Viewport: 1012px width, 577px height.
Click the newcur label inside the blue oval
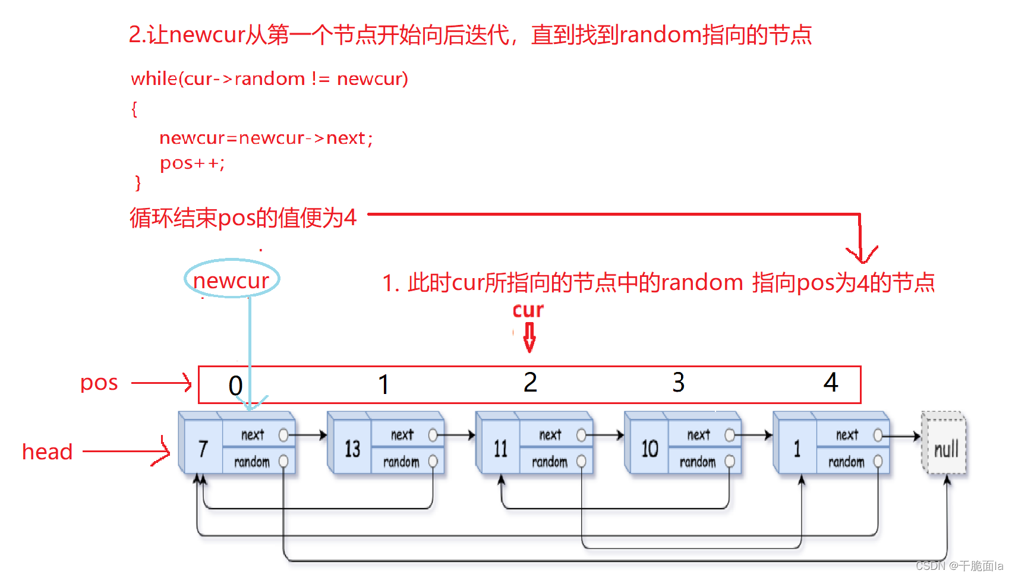[x=231, y=280]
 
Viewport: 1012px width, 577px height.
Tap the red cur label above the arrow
[x=528, y=310]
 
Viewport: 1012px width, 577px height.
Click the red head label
[x=47, y=452]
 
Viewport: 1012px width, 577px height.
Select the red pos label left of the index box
[x=99, y=382]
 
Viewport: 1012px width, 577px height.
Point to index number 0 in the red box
[x=235, y=386]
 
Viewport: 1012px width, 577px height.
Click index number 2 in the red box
[x=530, y=382]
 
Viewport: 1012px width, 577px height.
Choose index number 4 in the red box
[x=830, y=382]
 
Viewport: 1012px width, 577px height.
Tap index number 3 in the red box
[x=678, y=382]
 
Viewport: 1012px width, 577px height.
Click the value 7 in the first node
[x=203, y=449]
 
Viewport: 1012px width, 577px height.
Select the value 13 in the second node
[x=352, y=449]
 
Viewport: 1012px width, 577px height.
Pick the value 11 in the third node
[x=500, y=449]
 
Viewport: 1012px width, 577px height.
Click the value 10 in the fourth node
[x=649, y=449]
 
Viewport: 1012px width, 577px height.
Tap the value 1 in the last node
[x=797, y=449]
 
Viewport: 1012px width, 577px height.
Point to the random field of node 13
[x=401, y=462]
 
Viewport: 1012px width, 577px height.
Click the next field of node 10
[x=699, y=435]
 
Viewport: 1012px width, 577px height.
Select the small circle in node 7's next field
[x=283, y=436]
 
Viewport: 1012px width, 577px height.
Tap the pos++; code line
[x=192, y=163]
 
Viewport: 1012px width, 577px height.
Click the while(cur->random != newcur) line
[x=269, y=78]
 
